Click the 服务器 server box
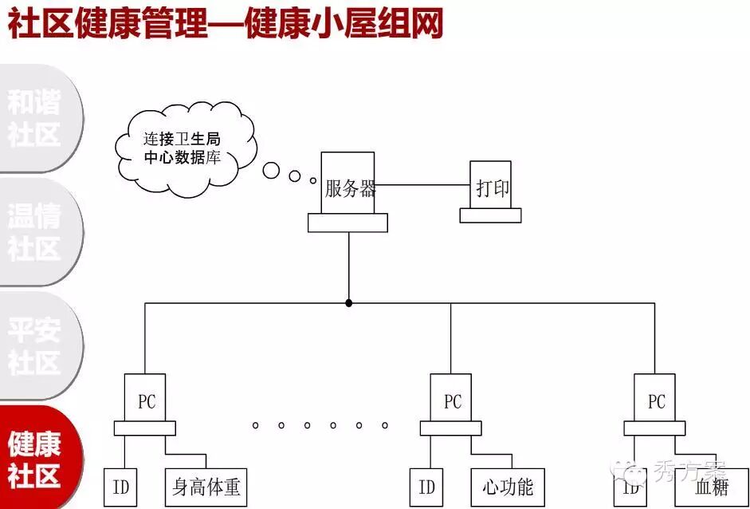348,187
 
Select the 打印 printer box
491,188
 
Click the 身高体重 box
206,487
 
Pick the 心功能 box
508,487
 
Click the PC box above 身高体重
146,400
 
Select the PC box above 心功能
451,400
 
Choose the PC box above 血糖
655,400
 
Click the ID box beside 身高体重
120,487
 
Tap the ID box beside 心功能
426,487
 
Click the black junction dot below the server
348,303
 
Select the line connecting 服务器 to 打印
422,185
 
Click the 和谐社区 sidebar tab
36,118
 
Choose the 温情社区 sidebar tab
36,231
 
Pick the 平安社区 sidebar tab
36,345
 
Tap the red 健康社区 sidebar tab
36,460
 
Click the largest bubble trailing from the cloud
272,170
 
